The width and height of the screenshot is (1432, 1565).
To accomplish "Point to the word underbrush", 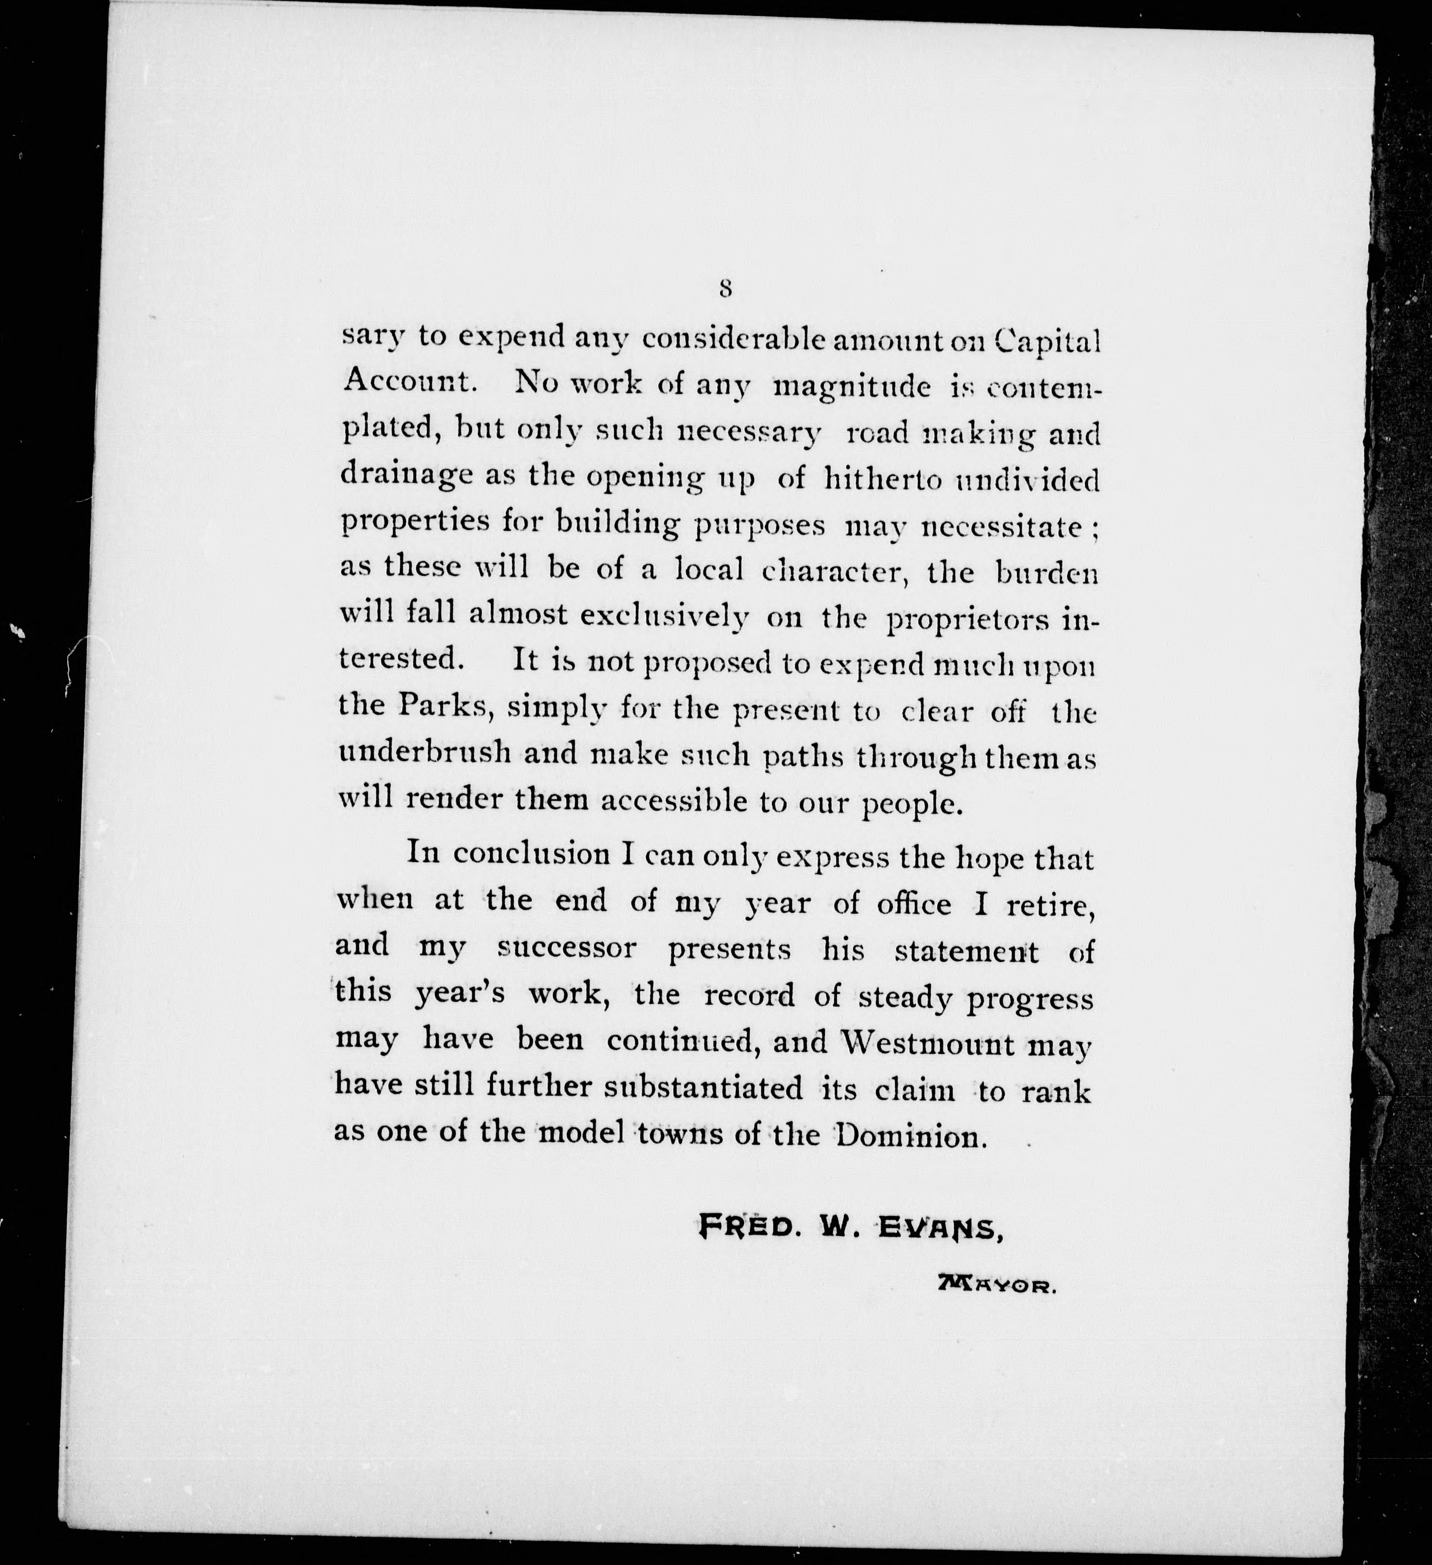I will point(425,754).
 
